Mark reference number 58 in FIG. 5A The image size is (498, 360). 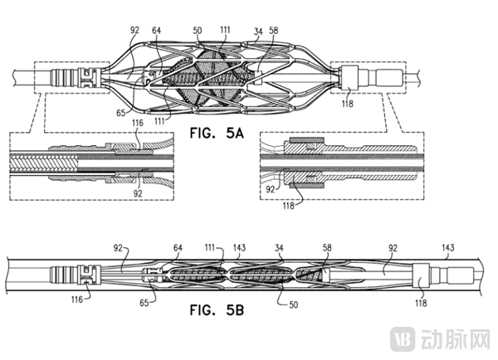273,32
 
